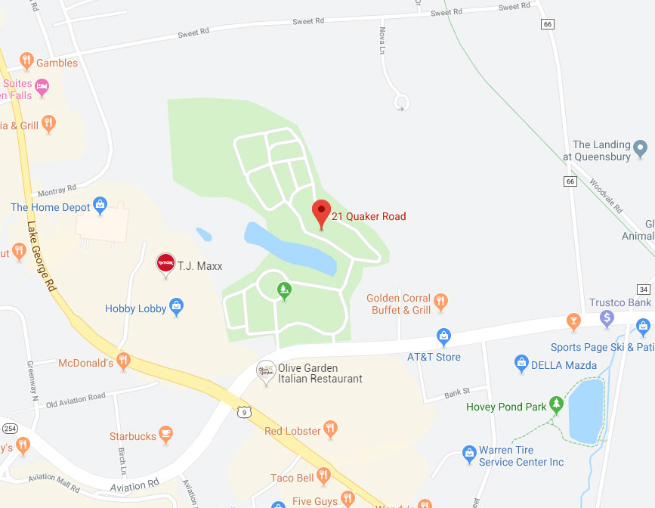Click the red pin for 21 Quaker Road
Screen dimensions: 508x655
[x=322, y=212]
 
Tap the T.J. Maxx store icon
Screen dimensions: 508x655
[x=165, y=263]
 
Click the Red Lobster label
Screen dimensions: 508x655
[x=293, y=431]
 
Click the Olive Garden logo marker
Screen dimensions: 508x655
[x=265, y=370]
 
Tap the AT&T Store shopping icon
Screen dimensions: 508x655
[x=444, y=336]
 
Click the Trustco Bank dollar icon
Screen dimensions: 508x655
[x=606, y=320]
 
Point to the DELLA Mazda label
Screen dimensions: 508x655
[x=563, y=365]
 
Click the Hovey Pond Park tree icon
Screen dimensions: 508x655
[x=557, y=404]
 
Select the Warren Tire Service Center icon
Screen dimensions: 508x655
[x=469, y=453]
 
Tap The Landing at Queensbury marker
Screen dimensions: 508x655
[x=641, y=147]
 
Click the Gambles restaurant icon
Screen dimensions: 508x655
[x=27, y=61]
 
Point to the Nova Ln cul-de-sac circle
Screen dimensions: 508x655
[x=402, y=102]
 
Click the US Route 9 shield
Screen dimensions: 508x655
[x=243, y=411]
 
